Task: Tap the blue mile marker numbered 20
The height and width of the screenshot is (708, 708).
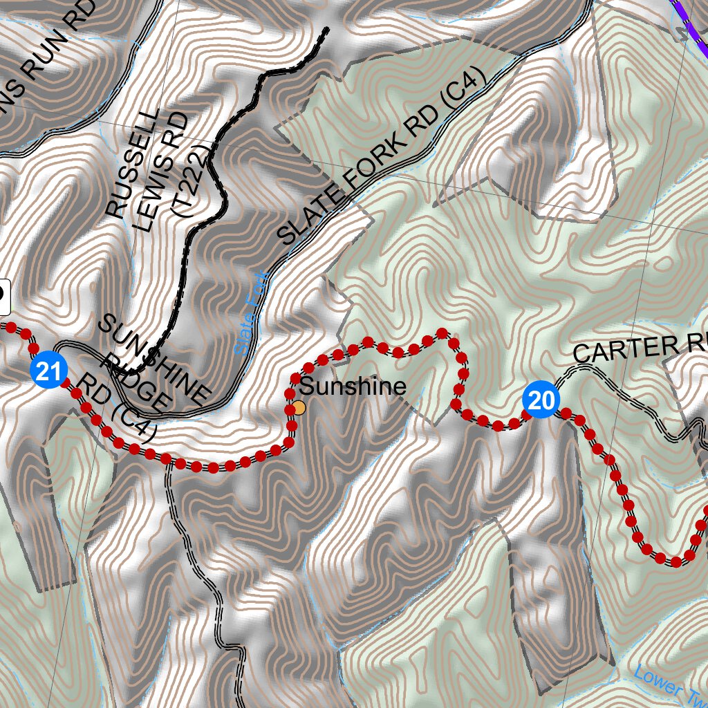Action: pos(541,400)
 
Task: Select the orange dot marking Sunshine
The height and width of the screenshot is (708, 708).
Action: pos(299,408)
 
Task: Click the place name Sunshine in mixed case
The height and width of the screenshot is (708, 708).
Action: pos(353,386)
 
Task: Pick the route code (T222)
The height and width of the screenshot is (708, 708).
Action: pos(194,181)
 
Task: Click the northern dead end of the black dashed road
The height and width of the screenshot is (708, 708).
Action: pos(326,30)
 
